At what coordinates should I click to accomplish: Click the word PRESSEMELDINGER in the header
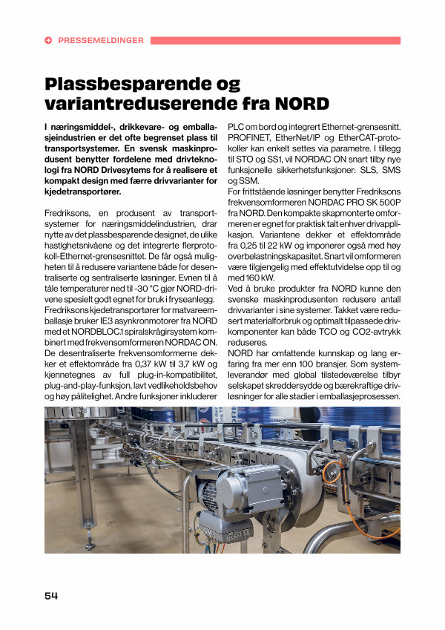click(x=101, y=41)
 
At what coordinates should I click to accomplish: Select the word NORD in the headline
click(x=300, y=102)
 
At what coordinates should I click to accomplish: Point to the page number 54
click(x=51, y=595)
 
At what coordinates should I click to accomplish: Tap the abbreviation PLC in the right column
click(x=237, y=127)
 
